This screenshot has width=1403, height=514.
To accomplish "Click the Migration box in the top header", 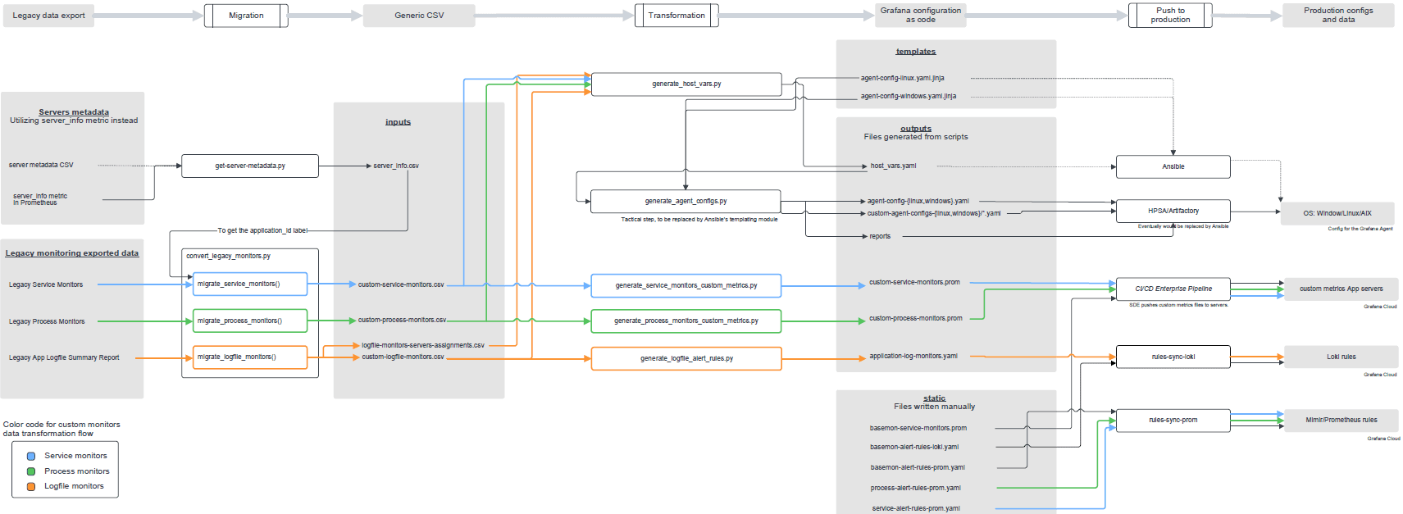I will [246, 16].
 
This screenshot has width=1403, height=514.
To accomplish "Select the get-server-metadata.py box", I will [250, 166].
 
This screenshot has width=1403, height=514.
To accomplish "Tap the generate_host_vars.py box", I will [686, 84].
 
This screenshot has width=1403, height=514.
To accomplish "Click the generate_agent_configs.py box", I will [686, 201].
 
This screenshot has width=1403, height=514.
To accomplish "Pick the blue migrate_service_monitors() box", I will [250, 284].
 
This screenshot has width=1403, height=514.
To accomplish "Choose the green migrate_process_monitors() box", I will [250, 321].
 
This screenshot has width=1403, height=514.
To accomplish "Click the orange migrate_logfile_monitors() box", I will [250, 357].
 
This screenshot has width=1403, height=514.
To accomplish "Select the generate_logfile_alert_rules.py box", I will [686, 358].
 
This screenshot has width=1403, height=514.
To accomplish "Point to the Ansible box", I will [1173, 166].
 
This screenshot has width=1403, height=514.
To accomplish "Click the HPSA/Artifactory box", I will [1173, 211].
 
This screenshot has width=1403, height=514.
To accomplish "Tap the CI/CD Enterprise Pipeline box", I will [1173, 289].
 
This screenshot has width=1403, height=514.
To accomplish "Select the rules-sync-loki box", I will [1173, 357].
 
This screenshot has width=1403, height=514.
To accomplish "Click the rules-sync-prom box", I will [1173, 420].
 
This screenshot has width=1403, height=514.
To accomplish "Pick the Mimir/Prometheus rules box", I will [1341, 420].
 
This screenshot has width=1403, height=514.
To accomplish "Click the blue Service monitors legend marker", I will [31, 456].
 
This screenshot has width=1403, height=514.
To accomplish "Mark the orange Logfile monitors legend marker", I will [31, 486].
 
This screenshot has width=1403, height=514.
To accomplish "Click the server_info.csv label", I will [396, 166].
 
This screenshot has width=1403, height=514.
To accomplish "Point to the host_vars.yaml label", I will [893, 166].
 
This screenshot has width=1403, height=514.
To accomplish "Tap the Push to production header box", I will [1170, 16].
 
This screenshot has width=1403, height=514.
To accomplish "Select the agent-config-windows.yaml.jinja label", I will [908, 96].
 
